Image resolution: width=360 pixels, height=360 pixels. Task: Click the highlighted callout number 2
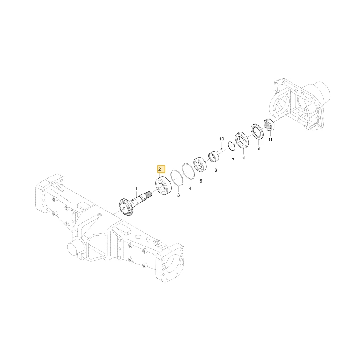pos(159,170)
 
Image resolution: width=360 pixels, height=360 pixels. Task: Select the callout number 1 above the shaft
pos(136,189)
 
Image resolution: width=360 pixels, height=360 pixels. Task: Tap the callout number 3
pos(179,195)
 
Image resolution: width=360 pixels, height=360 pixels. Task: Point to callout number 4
pos(190,189)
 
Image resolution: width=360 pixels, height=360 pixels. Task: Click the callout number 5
pos(201,181)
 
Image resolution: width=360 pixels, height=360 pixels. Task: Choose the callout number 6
pos(216,170)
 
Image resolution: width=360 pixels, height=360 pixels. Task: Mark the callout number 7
pos(233,160)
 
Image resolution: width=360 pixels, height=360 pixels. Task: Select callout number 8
pos(244,157)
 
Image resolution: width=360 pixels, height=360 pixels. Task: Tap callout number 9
pos(259,148)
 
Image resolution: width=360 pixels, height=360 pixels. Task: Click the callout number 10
pos(221,139)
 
